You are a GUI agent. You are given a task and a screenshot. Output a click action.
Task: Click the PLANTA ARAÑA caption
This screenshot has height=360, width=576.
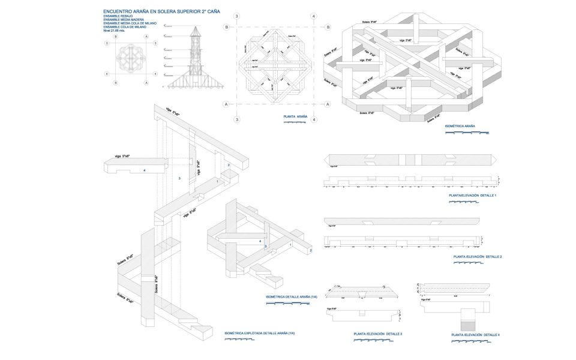click(x=295, y=116)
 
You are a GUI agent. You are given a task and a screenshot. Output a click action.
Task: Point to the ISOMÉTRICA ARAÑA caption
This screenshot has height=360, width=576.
click(x=460, y=126)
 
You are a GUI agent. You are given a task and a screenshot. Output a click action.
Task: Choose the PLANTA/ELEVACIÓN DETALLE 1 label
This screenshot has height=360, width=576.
click(x=472, y=196)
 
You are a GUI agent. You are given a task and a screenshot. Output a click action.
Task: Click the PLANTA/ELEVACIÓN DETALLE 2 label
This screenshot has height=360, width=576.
click(x=478, y=257)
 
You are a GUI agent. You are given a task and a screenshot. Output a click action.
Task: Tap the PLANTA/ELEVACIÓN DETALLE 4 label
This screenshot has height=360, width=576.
click(x=475, y=334)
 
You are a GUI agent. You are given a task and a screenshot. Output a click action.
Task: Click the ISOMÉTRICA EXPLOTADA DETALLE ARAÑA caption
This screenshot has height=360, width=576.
click(x=259, y=333)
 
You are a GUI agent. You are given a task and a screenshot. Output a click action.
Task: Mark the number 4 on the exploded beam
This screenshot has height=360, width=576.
click(x=145, y=170)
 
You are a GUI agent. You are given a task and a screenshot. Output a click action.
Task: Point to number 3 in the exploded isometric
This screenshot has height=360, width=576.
click(x=179, y=178)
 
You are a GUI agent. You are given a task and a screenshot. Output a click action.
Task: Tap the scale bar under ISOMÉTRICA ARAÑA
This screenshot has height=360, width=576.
click(x=467, y=133)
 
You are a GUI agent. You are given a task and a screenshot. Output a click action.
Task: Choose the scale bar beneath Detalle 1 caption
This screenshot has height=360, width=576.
click(x=463, y=202)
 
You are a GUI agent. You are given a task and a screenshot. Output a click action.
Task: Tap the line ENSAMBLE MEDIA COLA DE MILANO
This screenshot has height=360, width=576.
click(x=130, y=23)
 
